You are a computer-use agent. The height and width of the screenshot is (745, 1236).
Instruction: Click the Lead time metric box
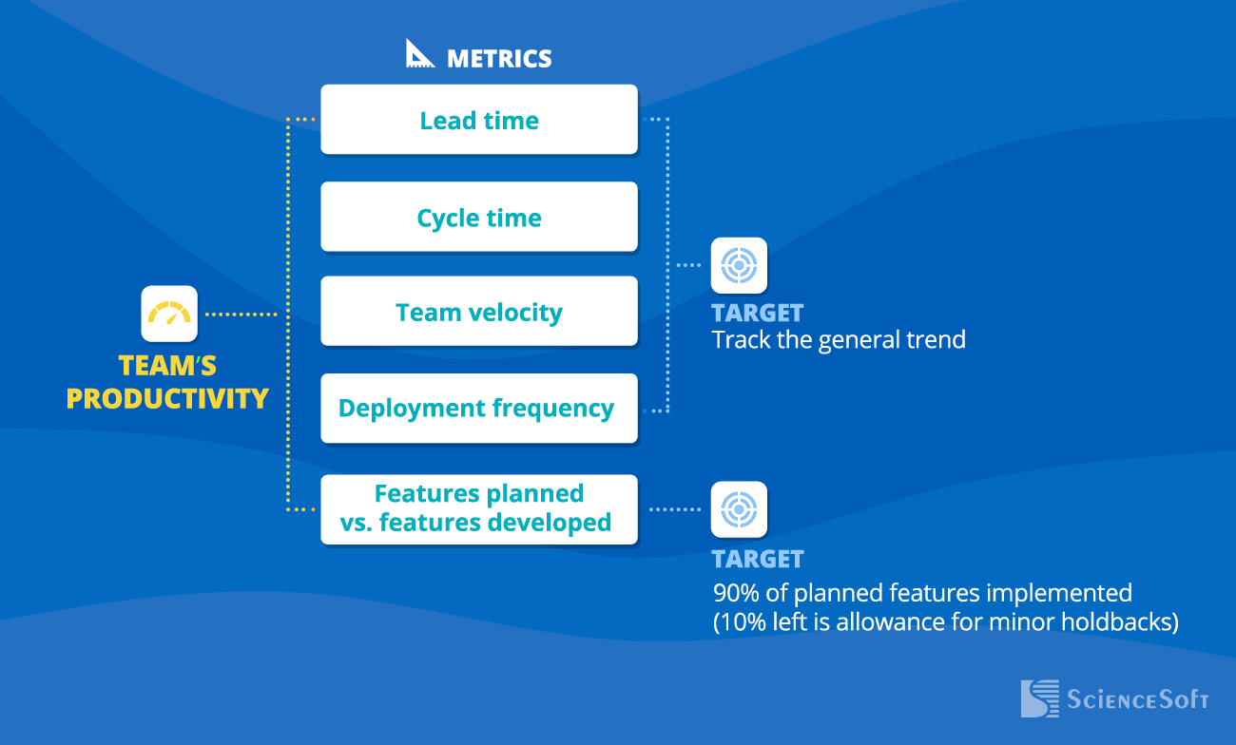pyautogui.click(x=479, y=119)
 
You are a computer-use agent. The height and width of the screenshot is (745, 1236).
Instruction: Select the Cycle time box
pyautogui.click(x=479, y=217)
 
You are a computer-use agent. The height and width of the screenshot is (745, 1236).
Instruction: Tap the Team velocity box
pyautogui.click(x=479, y=311)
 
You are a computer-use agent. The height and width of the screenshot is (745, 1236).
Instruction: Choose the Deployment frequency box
pyautogui.click(x=479, y=408)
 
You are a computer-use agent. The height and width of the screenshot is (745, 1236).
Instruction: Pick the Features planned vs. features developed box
pyautogui.click(x=479, y=509)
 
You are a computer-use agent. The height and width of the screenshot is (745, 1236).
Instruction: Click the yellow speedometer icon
pyautogui.click(x=169, y=314)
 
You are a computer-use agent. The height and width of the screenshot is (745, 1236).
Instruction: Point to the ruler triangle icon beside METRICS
pyautogui.click(x=419, y=53)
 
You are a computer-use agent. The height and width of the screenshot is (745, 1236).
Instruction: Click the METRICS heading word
pyautogui.click(x=499, y=59)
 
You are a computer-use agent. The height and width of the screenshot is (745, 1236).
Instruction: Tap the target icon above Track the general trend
pyautogui.click(x=739, y=265)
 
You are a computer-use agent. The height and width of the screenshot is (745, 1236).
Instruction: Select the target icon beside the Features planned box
pyautogui.click(x=739, y=509)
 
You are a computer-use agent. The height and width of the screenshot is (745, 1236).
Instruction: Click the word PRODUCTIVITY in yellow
pyautogui.click(x=167, y=398)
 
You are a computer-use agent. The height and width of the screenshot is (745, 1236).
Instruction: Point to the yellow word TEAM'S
pyautogui.click(x=167, y=366)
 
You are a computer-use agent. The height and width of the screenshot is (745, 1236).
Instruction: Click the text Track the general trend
pyautogui.click(x=839, y=339)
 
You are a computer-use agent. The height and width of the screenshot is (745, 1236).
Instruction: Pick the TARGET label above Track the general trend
pyautogui.click(x=758, y=314)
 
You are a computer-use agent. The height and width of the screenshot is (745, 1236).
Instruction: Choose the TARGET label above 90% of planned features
pyautogui.click(x=758, y=559)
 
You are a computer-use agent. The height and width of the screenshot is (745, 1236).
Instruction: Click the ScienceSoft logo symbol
pyautogui.click(x=1039, y=698)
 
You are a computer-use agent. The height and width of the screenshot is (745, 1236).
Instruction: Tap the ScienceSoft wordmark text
pyautogui.click(x=1138, y=699)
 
